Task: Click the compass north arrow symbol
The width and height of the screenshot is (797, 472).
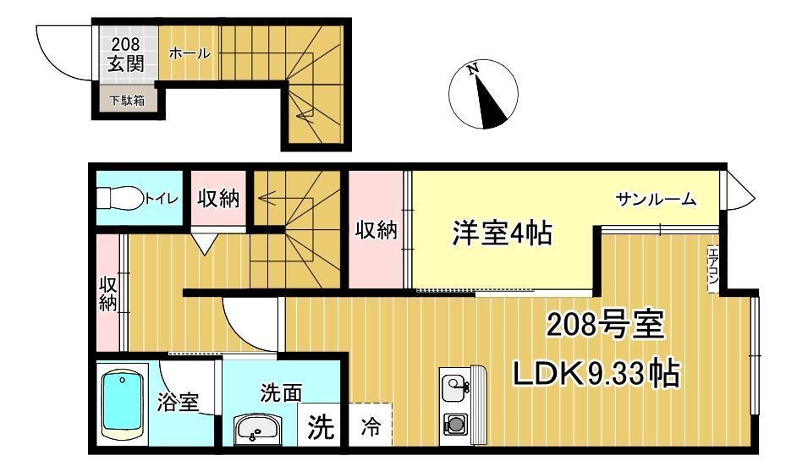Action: [x=483, y=95]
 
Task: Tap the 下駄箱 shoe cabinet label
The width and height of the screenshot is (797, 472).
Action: [x=127, y=101]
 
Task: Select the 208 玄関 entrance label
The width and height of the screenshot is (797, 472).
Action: [x=125, y=54]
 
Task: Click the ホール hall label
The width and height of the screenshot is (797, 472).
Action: [x=189, y=52]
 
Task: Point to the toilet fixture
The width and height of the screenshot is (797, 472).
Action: [x=119, y=197]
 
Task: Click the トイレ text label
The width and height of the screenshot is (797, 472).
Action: [x=162, y=198]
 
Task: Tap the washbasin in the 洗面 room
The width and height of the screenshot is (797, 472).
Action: [x=257, y=430]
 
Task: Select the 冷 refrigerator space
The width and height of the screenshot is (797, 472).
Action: [x=371, y=425]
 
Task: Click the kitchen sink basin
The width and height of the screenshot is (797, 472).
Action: [x=453, y=388]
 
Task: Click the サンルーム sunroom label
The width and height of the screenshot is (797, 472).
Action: [x=656, y=199]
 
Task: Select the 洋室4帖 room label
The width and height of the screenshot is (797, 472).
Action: [x=502, y=233]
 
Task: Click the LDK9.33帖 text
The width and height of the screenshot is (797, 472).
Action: [x=596, y=373]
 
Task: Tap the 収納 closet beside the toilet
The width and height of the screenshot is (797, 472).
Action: [x=218, y=198]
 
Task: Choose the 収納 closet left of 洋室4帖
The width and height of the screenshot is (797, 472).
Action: [x=377, y=230]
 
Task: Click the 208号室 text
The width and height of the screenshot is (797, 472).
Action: [x=606, y=325]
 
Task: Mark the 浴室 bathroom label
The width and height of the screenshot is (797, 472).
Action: [x=178, y=403]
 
